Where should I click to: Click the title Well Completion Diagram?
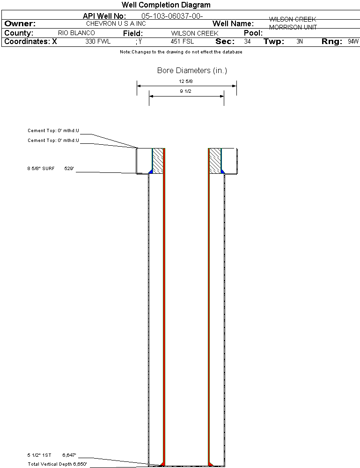(166, 5)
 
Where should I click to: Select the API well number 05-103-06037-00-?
(172, 16)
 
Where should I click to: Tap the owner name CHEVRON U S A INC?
(116, 23)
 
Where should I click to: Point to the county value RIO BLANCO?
(76, 33)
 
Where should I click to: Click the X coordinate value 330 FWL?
(98, 41)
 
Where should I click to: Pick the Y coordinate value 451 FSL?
(182, 41)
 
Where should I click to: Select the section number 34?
(247, 41)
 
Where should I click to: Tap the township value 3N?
(300, 41)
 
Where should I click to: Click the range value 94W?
(353, 41)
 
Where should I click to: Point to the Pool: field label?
(253, 33)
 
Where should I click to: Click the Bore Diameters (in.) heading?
(192, 70)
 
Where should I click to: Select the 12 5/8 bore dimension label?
(186, 81)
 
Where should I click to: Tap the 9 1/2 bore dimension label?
(185, 91)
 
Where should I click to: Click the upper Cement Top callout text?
(53, 130)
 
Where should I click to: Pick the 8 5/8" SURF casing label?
(41, 168)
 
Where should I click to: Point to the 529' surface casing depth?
(69, 168)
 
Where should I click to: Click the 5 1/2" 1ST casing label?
(39, 455)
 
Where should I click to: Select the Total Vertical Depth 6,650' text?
(57, 464)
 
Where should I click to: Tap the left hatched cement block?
(158, 161)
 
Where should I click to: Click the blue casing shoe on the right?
(222, 171)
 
